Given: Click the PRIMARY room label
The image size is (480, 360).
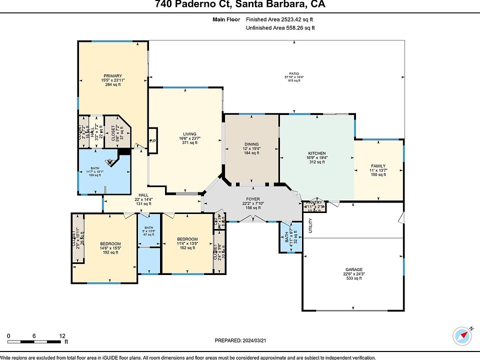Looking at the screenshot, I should pyautogui.click(x=112, y=75).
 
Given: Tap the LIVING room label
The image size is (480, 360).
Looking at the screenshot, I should pyautogui.click(x=189, y=134).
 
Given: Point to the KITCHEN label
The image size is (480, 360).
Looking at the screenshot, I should pyautogui.click(x=316, y=153).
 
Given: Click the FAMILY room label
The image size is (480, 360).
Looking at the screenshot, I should pyautogui.click(x=378, y=166).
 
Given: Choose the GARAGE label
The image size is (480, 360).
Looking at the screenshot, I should pyautogui.click(x=353, y=269).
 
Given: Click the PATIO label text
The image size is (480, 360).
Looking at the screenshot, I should pyautogui.click(x=294, y=73).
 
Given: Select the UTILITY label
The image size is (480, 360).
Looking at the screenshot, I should pyautogui.click(x=310, y=226).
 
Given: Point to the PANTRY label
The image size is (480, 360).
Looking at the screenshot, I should pyautogui.click(x=315, y=202).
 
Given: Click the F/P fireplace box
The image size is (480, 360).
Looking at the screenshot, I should pyautogui.click(x=153, y=141).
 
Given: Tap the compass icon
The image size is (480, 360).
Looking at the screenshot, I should pyautogui.click(x=462, y=336).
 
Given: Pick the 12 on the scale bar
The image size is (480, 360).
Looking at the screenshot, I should pyautogui.click(x=61, y=335).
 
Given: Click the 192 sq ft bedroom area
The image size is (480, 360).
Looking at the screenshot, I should pyautogui.click(x=110, y=252).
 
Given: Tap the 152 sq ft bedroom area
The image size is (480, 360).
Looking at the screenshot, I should pyautogui.click(x=187, y=247).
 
